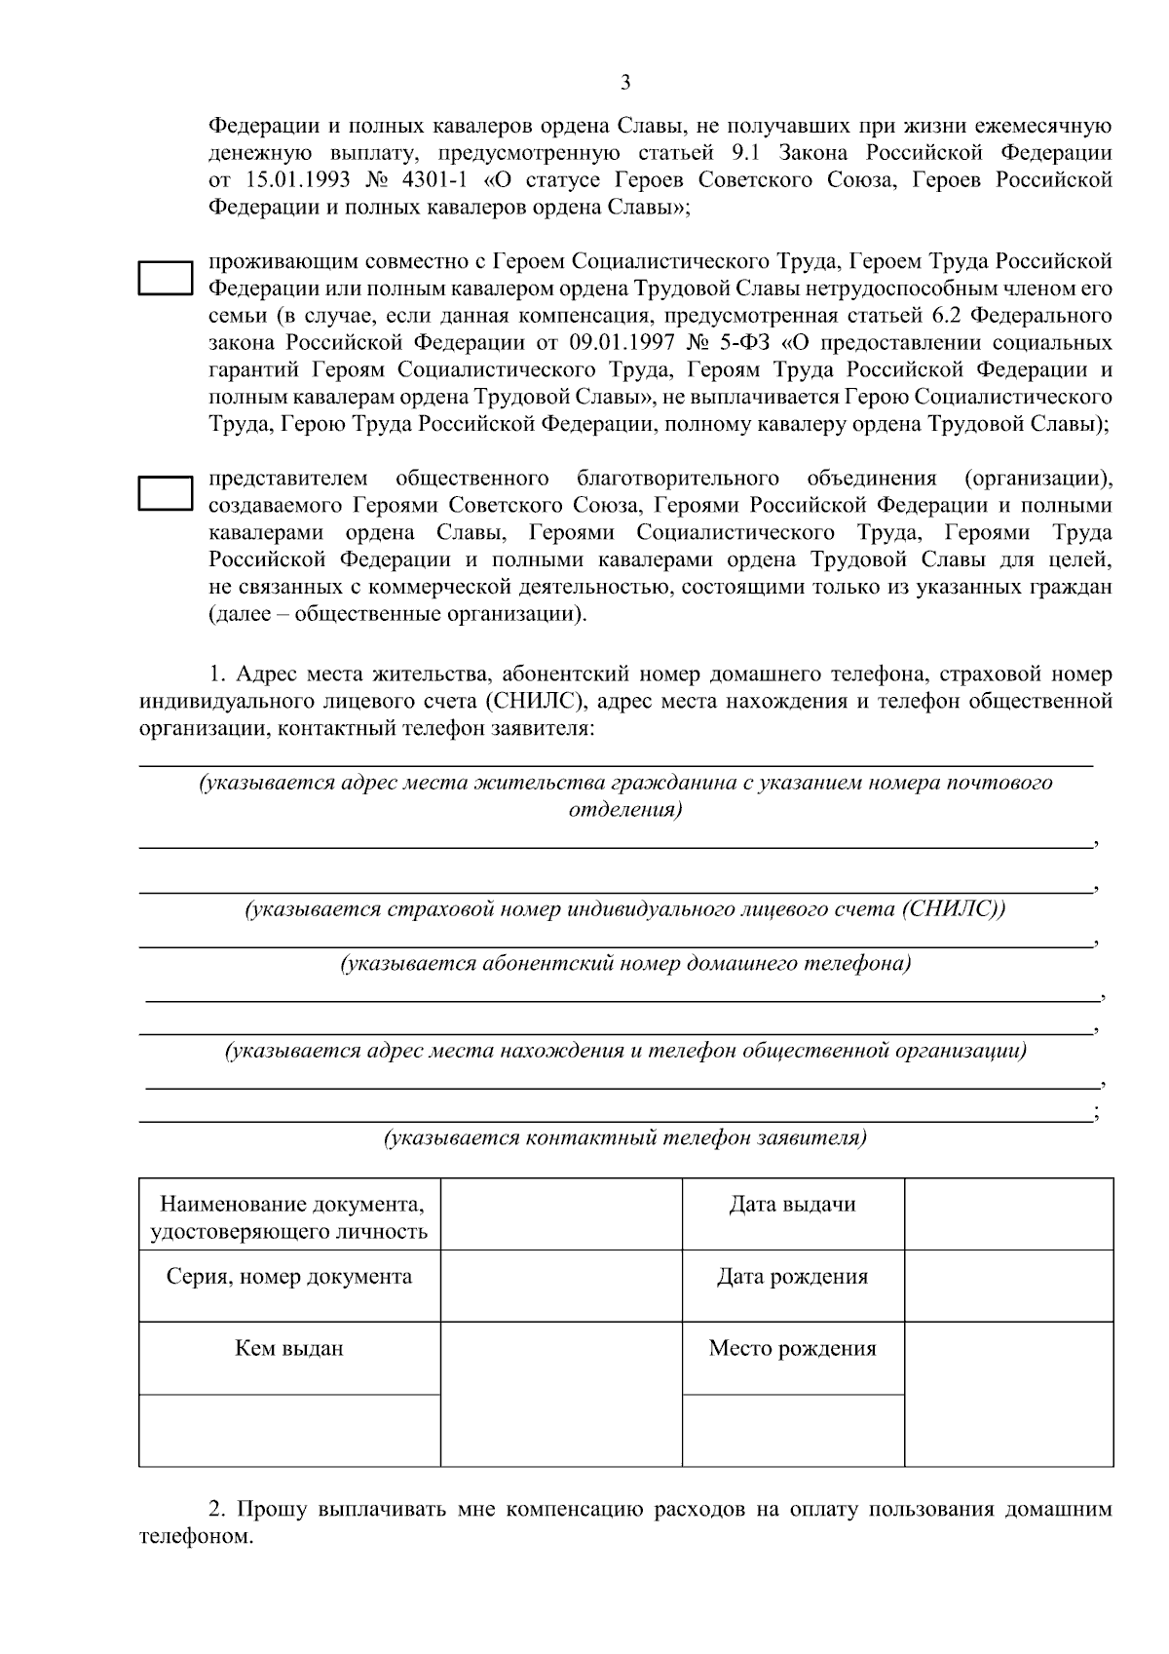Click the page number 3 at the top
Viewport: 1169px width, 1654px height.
point(624,82)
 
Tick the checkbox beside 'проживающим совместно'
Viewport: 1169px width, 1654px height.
point(164,277)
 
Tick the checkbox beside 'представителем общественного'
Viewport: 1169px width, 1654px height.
point(164,493)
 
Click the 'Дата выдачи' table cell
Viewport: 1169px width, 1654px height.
point(792,1205)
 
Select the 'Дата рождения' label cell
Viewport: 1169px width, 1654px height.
point(792,1277)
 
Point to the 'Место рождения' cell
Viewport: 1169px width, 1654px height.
point(792,1349)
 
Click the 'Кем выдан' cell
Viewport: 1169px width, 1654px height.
point(289,1349)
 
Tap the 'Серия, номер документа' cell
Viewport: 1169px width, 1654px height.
point(289,1277)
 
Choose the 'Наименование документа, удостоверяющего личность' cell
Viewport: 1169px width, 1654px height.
point(289,1217)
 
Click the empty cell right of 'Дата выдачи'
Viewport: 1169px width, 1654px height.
point(1008,1213)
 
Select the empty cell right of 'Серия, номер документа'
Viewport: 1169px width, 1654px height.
point(561,1286)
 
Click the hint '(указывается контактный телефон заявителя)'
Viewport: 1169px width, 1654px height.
point(624,1137)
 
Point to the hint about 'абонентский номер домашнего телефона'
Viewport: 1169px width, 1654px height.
point(624,964)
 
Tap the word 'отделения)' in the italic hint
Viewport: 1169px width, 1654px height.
point(624,810)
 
